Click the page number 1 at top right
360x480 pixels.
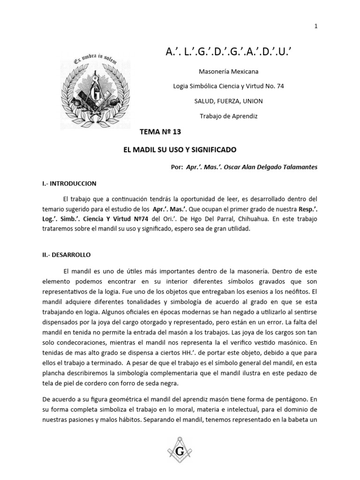point(316,26)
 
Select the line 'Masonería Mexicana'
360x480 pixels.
point(228,72)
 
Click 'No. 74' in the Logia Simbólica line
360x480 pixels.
point(274,86)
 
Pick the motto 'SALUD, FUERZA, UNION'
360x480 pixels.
point(228,101)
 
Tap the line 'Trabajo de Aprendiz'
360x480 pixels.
point(228,115)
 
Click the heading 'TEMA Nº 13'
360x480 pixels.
point(160,132)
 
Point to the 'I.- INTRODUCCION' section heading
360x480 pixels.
point(69,184)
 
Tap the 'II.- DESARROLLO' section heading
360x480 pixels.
point(66,255)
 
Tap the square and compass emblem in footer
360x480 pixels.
point(180,451)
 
